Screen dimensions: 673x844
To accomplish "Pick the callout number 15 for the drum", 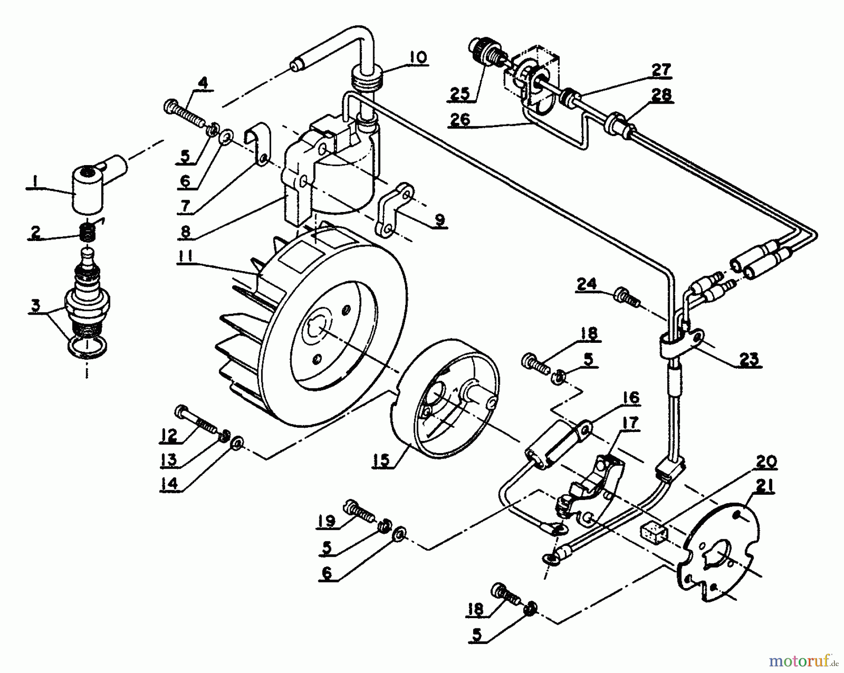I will click(x=382, y=460).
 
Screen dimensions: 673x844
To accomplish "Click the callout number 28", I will click(x=661, y=94).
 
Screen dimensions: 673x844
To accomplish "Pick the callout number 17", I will click(x=631, y=424).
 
